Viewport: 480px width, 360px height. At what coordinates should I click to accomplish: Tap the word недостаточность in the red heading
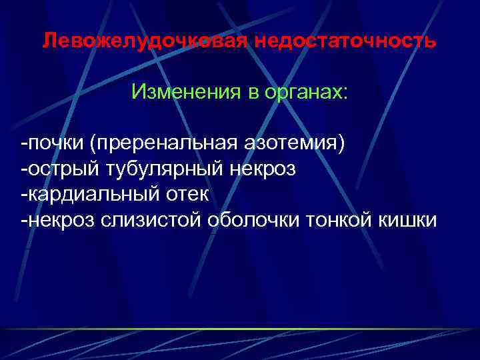point(345,41)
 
